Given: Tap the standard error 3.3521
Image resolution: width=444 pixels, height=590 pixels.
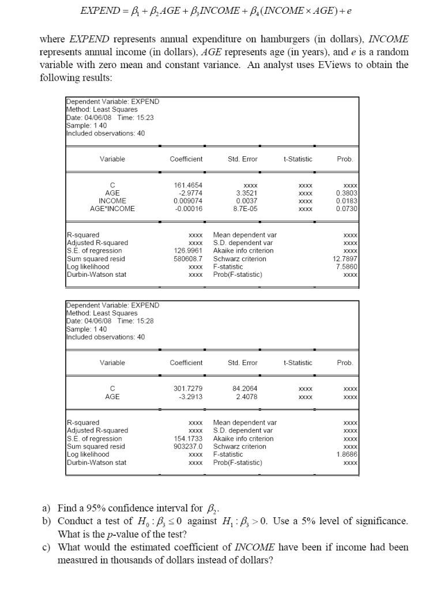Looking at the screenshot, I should (x=242, y=193).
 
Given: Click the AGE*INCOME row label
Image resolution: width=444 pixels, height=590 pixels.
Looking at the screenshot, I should (x=112, y=209).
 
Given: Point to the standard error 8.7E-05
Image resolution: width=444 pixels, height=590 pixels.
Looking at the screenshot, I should (x=242, y=209).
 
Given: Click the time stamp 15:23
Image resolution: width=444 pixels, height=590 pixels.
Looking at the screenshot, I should (x=145, y=117).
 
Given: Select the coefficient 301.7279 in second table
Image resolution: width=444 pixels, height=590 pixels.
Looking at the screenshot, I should (x=186, y=388).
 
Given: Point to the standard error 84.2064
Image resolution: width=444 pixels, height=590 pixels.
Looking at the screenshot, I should (x=242, y=388).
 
